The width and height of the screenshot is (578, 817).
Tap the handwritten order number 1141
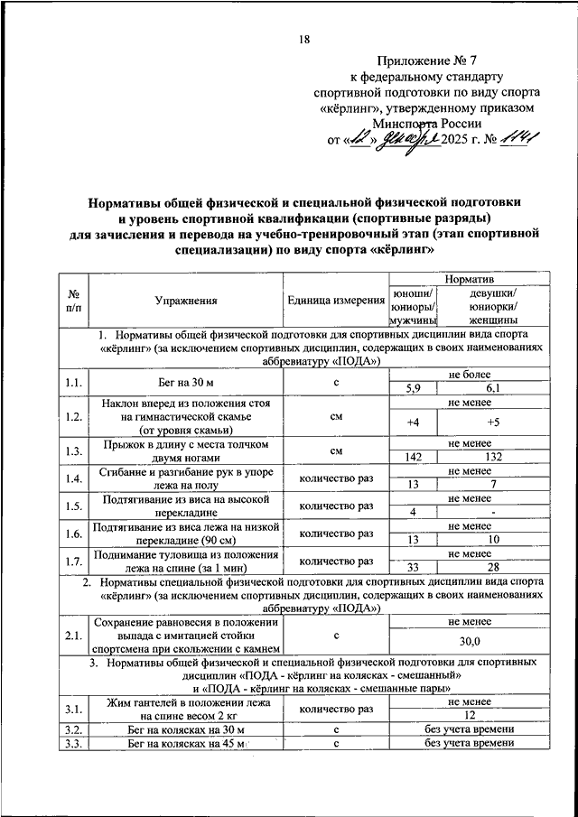(521, 139)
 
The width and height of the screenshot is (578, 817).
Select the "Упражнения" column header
(185, 301)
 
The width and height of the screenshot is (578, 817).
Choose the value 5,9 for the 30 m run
(415, 390)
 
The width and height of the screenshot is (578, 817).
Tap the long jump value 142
(415, 458)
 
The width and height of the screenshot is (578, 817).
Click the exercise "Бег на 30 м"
(185, 383)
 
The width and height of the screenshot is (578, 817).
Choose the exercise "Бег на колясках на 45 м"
(179, 743)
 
